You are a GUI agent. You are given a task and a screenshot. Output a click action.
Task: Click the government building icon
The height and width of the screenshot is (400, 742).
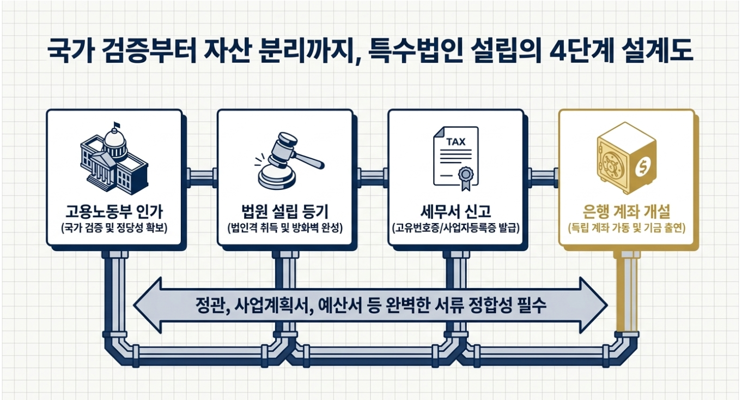[x=114, y=159]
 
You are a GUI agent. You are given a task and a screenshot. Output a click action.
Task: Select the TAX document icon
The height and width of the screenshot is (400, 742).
[x=456, y=159]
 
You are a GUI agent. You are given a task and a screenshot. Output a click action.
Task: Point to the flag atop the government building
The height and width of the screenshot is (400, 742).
[x=116, y=126]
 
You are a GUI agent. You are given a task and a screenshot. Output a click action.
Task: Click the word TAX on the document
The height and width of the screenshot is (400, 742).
[x=456, y=142]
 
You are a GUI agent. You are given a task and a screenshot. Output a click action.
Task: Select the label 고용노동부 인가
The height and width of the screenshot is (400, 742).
[x=114, y=211]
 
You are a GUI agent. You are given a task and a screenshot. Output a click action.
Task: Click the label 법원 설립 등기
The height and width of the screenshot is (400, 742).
[x=285, y=211]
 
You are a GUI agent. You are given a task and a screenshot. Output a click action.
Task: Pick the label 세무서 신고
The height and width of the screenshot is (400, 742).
[x=456, y=211]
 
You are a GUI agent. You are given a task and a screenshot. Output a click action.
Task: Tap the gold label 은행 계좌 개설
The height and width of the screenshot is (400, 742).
[x=627, y=211]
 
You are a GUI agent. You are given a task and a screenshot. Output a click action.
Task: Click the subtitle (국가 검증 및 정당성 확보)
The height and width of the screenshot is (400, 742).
[x=114, y=229]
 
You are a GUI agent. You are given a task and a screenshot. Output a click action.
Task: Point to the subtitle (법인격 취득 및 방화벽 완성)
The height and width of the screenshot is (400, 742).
[x=285, y=229]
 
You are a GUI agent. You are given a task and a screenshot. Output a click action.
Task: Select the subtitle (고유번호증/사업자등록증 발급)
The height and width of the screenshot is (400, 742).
[x=456, y=229]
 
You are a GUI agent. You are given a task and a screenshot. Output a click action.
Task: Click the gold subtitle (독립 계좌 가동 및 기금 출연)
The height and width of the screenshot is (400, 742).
[x=627, y=229]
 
